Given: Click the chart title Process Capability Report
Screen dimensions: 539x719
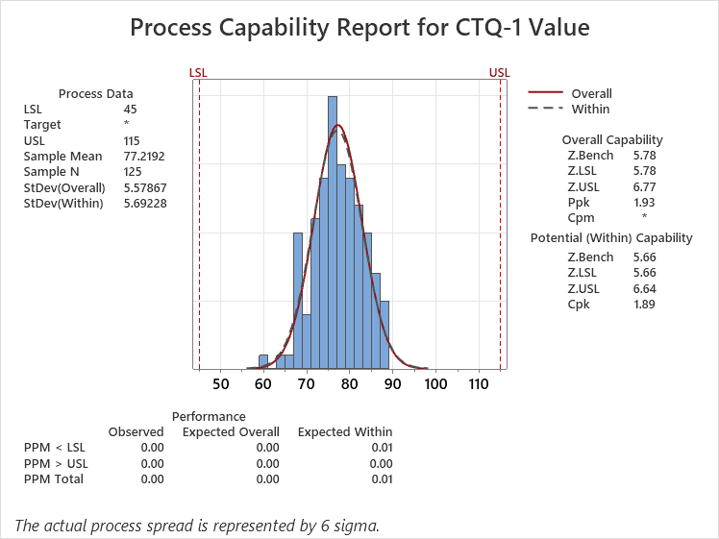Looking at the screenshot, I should [x=359, y=28].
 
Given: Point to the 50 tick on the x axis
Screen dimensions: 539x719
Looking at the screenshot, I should [x=220, y=384].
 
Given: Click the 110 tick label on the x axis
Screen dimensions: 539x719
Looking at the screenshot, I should [x=479, y=384].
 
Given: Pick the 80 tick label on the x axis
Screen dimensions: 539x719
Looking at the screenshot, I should [x=350, y=384].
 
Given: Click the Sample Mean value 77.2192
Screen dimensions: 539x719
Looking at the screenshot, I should [x=145, y=156].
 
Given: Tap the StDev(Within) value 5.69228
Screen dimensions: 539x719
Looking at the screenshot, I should [x=145, y=203].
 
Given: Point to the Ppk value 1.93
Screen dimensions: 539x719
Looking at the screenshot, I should [x=644, y=202].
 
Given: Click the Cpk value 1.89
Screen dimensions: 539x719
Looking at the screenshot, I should [x=644, y=304].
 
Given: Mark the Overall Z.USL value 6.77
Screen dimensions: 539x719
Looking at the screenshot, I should [x=644, y=186].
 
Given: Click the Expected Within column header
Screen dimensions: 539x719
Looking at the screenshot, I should [x=344, y=432].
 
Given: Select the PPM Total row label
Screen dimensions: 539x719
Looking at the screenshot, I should [x=54, y=478].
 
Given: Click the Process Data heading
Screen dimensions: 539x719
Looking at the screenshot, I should [x=96, y=94].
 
